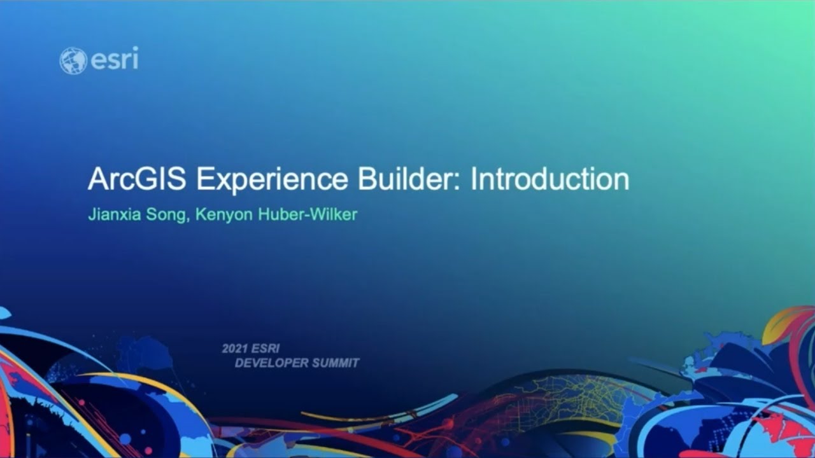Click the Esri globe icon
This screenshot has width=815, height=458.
73,60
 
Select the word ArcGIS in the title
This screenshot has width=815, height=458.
137,180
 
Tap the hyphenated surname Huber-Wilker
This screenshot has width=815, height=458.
307,214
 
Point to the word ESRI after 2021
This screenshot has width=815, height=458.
266,349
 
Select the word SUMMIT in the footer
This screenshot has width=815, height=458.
337,363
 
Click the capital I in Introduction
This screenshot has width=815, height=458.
474,180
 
